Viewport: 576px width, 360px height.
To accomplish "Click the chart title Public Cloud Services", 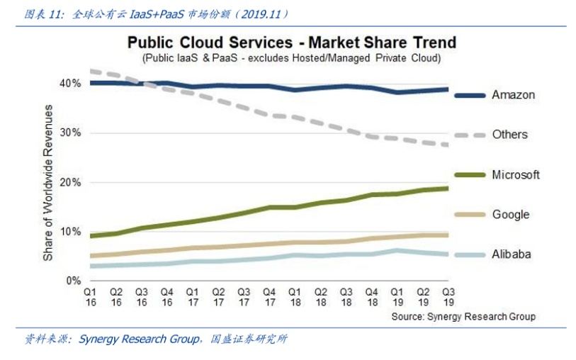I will pyautogui.click(x=291, y=43).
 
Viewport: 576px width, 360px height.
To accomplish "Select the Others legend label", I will pyautogui.click(x=509, y=135).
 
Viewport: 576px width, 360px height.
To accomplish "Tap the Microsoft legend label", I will pyautogui.click(x=516, y=174).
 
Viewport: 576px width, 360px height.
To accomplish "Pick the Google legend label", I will pyautogui.click(x=511, y=215).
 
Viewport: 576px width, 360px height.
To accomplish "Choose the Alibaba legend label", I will pyautogui.click(x=512, y=254).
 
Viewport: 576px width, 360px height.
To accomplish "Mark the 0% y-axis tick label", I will pyautogui.click(x=73, y=281).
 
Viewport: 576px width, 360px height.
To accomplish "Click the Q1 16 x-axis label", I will pyautogui.click(x=90, y=296).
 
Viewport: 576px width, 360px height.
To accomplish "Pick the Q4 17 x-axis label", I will pyautogui.click(x=269, y=296).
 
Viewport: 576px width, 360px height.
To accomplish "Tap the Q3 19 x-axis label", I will pyautogui.click(x=448, y=296).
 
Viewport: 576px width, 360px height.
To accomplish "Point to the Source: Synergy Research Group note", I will pyautogui.click(x=463, y=316).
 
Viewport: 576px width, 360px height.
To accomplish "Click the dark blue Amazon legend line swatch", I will pyautogui.click(x=469, y=95).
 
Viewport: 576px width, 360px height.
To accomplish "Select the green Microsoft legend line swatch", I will pyautogui.click(x=469, y=175).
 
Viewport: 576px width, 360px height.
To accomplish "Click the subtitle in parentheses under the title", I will pyautogui.click(x=291, y=57).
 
